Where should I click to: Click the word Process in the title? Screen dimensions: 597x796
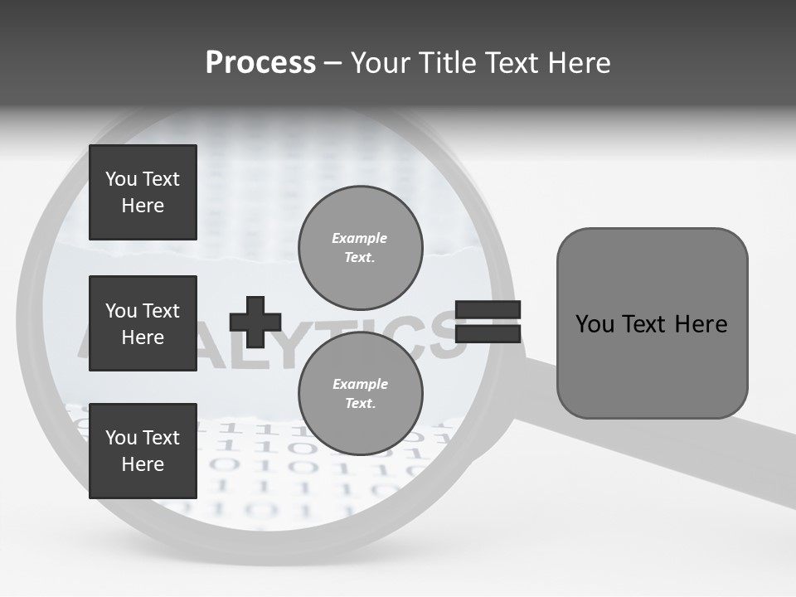click(260, 63)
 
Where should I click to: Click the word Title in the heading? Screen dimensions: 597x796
click(445, 63)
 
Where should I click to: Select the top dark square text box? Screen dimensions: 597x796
click(143, 192)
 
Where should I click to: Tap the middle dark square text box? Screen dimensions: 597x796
click(143, 323)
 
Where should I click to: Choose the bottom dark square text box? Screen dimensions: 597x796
click(143, 451)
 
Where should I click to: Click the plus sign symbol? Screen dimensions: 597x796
click(255, 322)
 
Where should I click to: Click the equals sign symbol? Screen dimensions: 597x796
click(488, 322)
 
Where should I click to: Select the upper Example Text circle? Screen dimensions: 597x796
click(360, 247)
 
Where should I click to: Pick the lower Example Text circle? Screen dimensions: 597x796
click(360, 393)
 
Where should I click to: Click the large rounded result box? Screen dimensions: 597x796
click(652, 323)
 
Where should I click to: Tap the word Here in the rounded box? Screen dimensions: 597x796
click(701, 324)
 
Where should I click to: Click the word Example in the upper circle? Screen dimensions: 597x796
click(360, 238)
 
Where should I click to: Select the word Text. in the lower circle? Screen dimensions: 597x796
click(360, 404)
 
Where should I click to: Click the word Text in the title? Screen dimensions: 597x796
click(508, 63)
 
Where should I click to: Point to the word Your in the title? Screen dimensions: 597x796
click(379, 63)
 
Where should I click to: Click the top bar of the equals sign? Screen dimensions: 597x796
click(488, 310)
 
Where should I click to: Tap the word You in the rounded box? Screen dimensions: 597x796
click(595, 324)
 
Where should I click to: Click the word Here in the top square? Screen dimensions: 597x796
click(143, 206)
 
